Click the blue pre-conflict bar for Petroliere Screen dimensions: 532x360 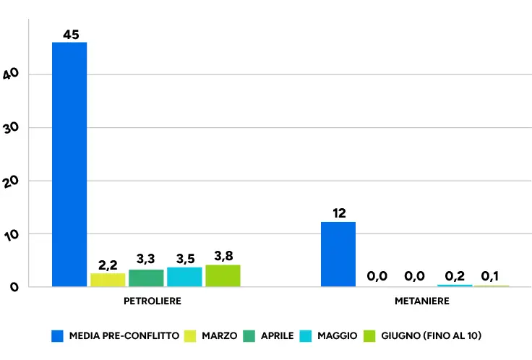[69, 165]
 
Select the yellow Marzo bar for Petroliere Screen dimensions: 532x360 [108, 280]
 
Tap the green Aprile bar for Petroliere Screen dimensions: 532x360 [146, 278]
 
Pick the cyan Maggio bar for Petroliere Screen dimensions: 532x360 [184, 277]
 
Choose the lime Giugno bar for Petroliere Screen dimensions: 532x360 [223, 276]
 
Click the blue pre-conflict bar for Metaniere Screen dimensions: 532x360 [338, 254]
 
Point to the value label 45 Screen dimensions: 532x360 [71, 35]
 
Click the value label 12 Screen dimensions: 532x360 [339, 213]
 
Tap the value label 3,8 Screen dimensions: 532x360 [223, 256]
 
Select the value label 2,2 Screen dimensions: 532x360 [108, 265]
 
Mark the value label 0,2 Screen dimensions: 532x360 [455, 276]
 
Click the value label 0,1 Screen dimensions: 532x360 [490, 276]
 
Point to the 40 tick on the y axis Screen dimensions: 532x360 [11, 74]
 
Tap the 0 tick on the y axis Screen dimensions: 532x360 [14, 288]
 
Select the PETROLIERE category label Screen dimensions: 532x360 [153, 301]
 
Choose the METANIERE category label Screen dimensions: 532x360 [422, 301]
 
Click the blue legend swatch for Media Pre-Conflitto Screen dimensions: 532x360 [57, 336]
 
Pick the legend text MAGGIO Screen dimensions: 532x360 [338, 336]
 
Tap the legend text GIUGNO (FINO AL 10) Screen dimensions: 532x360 [432, 336]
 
